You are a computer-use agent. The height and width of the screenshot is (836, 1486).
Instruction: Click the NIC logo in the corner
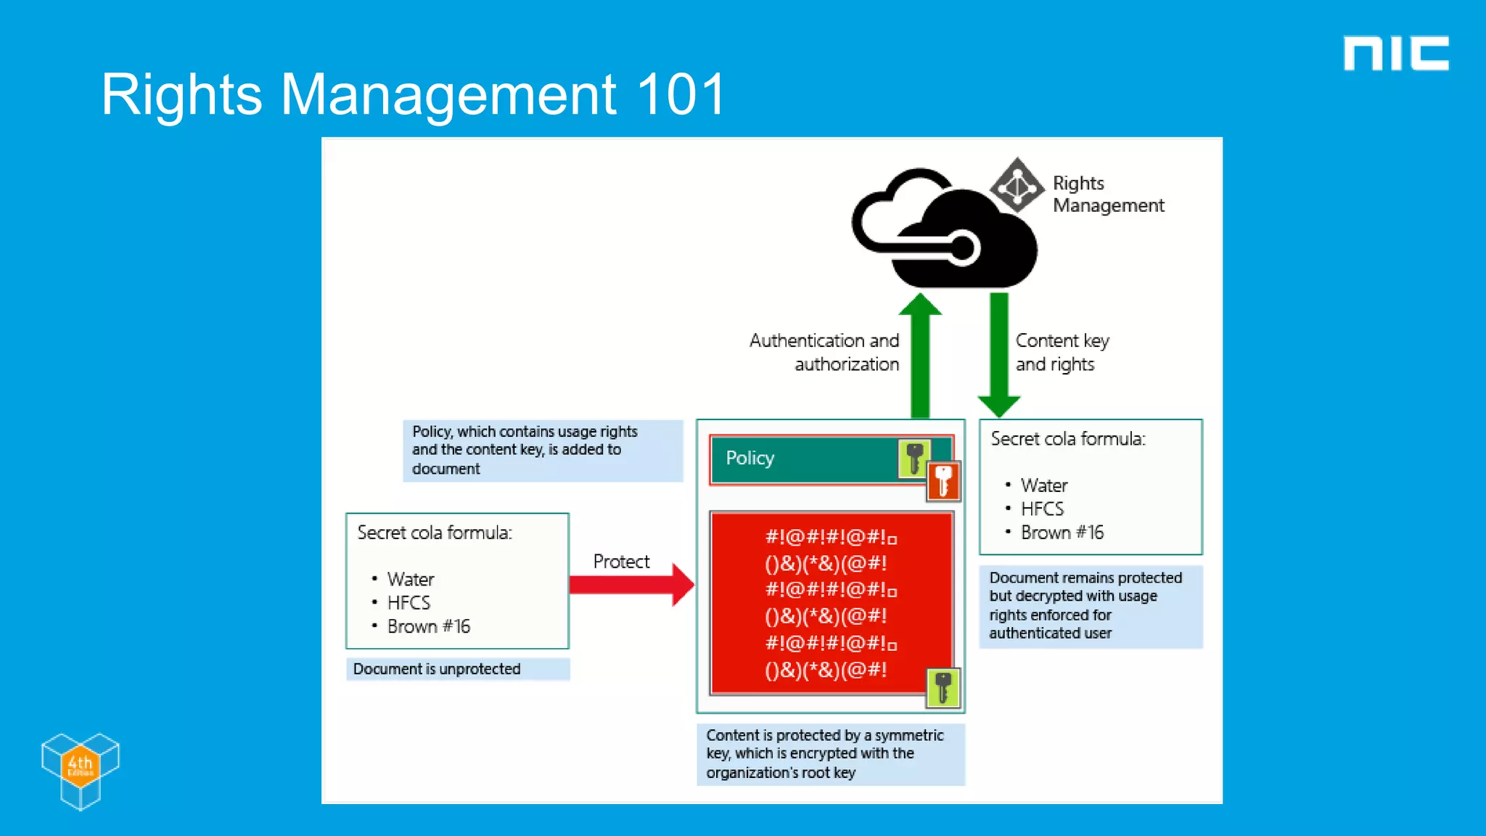point(1395,54)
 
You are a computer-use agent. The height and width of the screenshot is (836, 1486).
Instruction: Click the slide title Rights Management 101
point(413,94)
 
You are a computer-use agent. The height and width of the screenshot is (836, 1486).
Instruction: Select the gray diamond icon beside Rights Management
point(1017,186)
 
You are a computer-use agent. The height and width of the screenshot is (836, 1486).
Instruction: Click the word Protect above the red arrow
point(621,561)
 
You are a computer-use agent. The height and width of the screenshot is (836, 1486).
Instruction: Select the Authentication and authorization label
point(825,352)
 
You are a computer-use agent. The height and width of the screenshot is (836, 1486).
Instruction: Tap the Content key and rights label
point(1062,352)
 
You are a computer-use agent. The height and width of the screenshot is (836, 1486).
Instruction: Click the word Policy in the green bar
point(750,458)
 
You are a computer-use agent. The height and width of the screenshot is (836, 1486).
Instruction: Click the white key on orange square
point(943,481)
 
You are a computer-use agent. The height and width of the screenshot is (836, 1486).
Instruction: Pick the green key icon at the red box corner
point(943,687)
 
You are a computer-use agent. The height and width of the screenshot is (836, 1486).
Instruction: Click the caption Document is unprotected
point(437,669)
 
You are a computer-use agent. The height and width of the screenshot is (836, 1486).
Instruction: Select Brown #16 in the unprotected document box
point(428,626)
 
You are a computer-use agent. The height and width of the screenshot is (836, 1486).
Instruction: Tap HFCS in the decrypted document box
point(1042,509)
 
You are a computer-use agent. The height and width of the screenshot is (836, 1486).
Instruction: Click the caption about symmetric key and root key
point(825,754)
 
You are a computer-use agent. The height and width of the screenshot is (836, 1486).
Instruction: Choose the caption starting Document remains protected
point(1085,605)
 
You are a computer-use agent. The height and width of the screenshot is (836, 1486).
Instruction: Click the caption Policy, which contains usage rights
point(525,450)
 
